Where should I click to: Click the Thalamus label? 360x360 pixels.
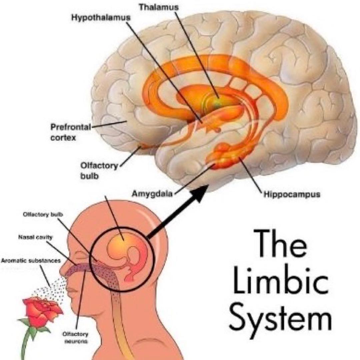159,7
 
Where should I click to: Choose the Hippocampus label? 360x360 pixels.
292,194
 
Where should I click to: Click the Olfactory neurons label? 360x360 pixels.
76,337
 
